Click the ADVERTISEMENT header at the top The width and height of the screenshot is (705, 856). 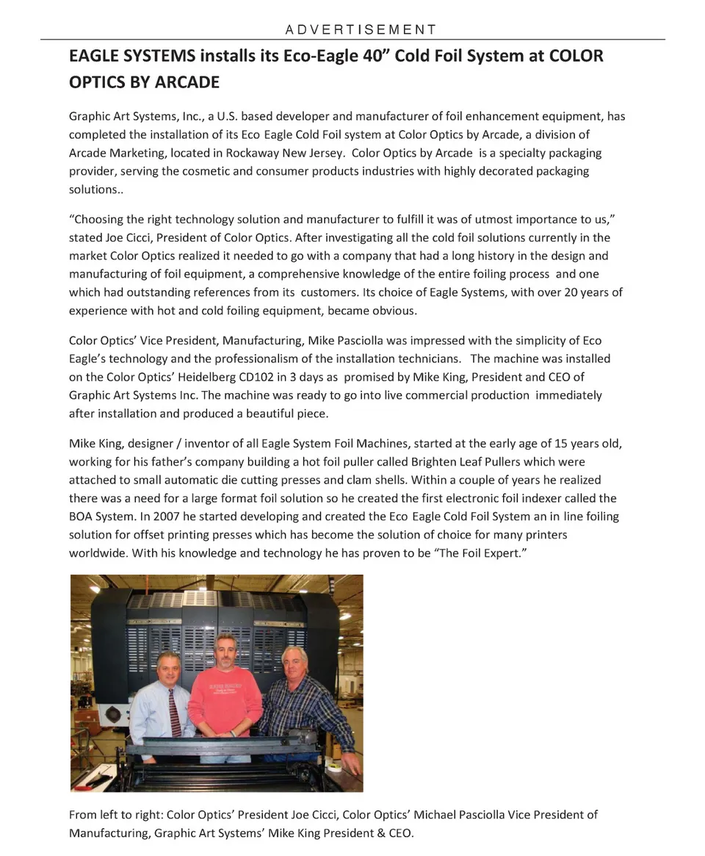pyautogui.click(x=360, y=30)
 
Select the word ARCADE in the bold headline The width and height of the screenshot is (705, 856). pyautogui.click(x=187, y=82)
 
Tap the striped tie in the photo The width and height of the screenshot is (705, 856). pyautogui.click(x=174, y=713)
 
